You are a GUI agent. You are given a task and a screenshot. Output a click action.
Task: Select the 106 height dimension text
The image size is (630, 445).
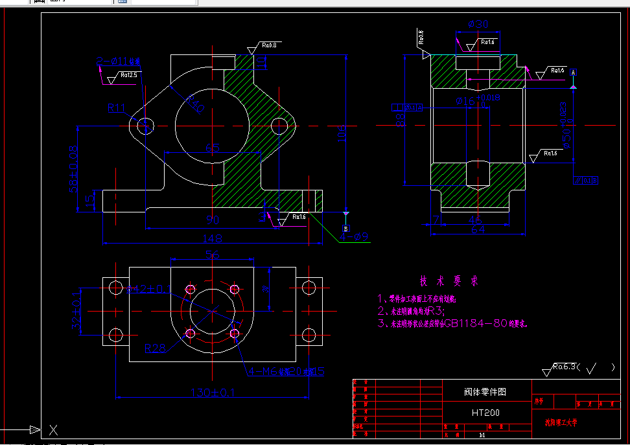point(342,133)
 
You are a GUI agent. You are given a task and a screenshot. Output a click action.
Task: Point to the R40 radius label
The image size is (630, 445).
point(196,104)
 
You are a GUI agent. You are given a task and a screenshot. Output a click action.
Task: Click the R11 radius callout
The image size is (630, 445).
point(117,108)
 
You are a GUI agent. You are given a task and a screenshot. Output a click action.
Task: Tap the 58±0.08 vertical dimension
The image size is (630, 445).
point(73,170)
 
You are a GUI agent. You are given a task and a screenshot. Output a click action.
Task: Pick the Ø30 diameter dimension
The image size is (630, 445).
point(478,25)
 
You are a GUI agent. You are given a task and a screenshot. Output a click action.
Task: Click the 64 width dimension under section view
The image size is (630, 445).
point(477,229)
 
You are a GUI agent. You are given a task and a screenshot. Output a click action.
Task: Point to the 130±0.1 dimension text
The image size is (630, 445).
point(212,392)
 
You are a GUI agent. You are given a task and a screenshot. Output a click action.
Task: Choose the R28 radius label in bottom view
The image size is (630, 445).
point(156,349)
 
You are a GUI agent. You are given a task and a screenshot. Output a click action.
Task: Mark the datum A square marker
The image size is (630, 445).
point(573,71)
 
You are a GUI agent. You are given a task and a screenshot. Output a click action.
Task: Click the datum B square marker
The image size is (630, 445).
point(345,229)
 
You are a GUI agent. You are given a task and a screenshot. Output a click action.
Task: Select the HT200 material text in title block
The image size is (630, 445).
point(485,413)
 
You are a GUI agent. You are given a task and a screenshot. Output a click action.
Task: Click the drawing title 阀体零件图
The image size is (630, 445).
point(485,392)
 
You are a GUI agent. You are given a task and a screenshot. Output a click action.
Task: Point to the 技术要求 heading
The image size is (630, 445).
point(449,282)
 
